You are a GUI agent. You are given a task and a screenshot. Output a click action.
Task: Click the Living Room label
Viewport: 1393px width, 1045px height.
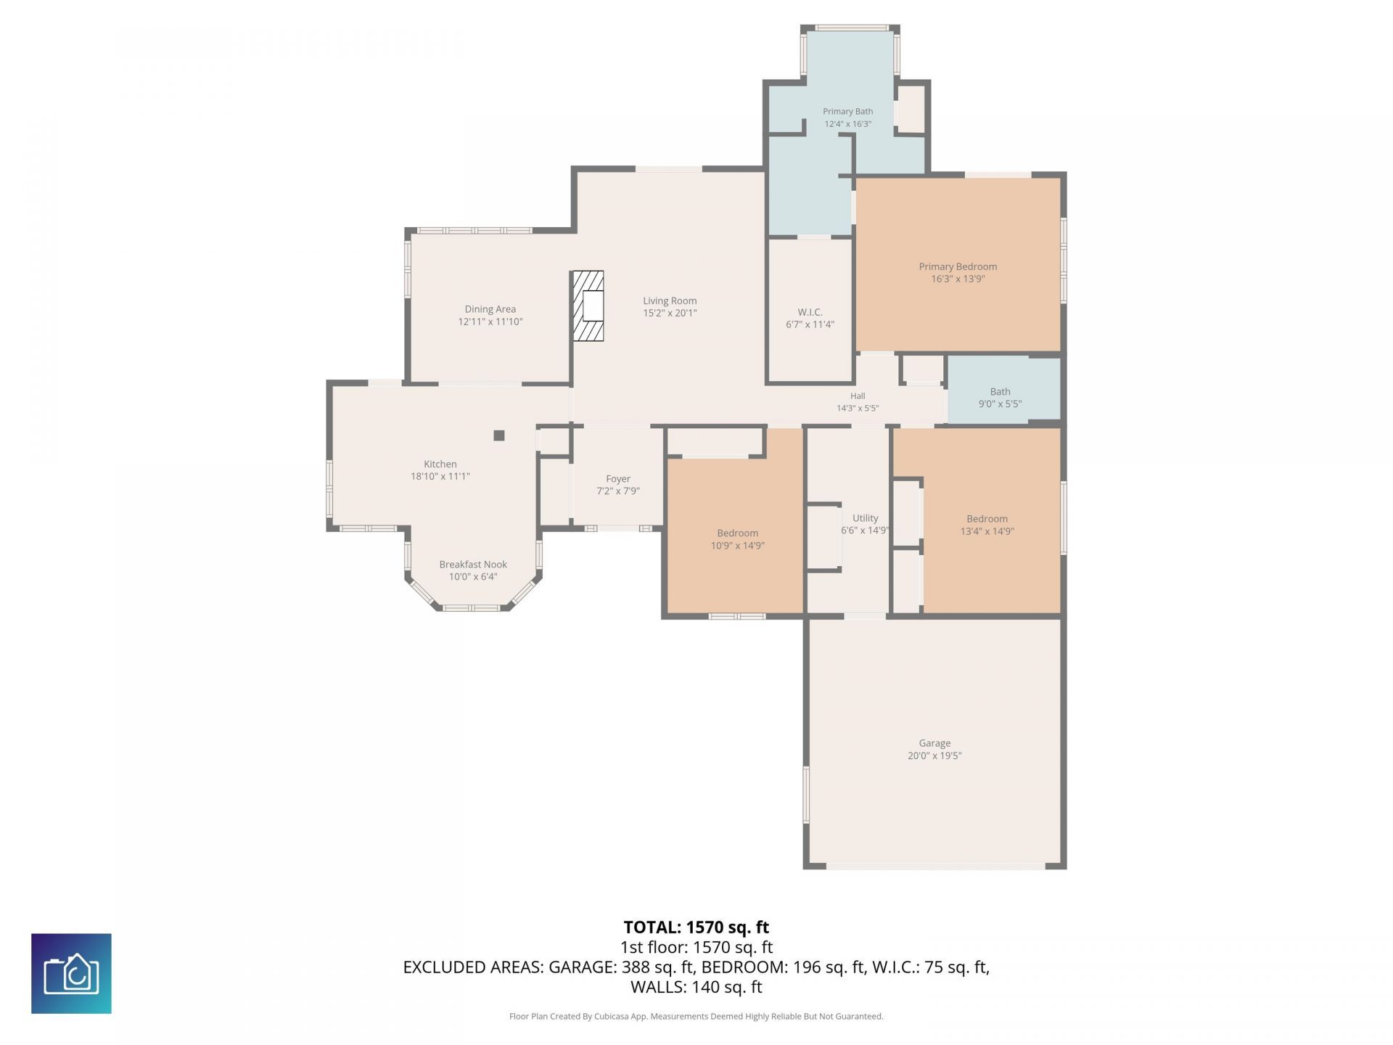670,300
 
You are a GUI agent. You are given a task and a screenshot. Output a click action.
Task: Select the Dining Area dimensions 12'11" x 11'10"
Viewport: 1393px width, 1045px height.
490,321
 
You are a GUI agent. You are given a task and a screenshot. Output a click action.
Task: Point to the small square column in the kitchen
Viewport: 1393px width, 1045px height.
499,435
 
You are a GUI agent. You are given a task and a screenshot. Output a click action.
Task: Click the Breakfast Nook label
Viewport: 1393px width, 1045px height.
473,564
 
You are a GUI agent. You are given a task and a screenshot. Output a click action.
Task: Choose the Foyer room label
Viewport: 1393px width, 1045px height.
618,479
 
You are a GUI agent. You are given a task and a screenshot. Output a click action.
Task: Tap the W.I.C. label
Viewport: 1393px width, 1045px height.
810,312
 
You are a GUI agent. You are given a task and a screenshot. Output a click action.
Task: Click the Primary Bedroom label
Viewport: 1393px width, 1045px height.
958,266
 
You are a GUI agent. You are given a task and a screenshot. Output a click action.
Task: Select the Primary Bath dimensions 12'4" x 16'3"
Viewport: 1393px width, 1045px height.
847,124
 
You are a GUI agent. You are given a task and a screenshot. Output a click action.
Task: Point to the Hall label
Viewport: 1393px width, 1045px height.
858,396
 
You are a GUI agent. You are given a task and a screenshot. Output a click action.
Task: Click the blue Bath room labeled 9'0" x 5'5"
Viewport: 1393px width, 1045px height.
1004,390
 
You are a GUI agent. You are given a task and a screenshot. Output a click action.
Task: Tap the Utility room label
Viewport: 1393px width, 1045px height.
866,518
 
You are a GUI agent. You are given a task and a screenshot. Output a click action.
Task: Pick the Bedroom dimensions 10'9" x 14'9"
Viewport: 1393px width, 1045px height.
738,546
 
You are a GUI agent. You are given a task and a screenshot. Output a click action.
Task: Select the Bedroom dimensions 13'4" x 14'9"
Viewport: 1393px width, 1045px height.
987,531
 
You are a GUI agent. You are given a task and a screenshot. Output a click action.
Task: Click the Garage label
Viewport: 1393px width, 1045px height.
934,743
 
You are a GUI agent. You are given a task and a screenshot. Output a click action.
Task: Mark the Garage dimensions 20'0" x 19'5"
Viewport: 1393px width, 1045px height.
934,755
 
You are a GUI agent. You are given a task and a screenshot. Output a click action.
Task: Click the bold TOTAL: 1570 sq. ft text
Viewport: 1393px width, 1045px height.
696,927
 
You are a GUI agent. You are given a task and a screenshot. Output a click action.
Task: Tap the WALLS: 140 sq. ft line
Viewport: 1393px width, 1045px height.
696,987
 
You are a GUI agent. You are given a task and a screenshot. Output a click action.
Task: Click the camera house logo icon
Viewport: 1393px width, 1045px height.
71,973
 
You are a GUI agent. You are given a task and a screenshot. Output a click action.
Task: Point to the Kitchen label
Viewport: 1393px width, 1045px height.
440,464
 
